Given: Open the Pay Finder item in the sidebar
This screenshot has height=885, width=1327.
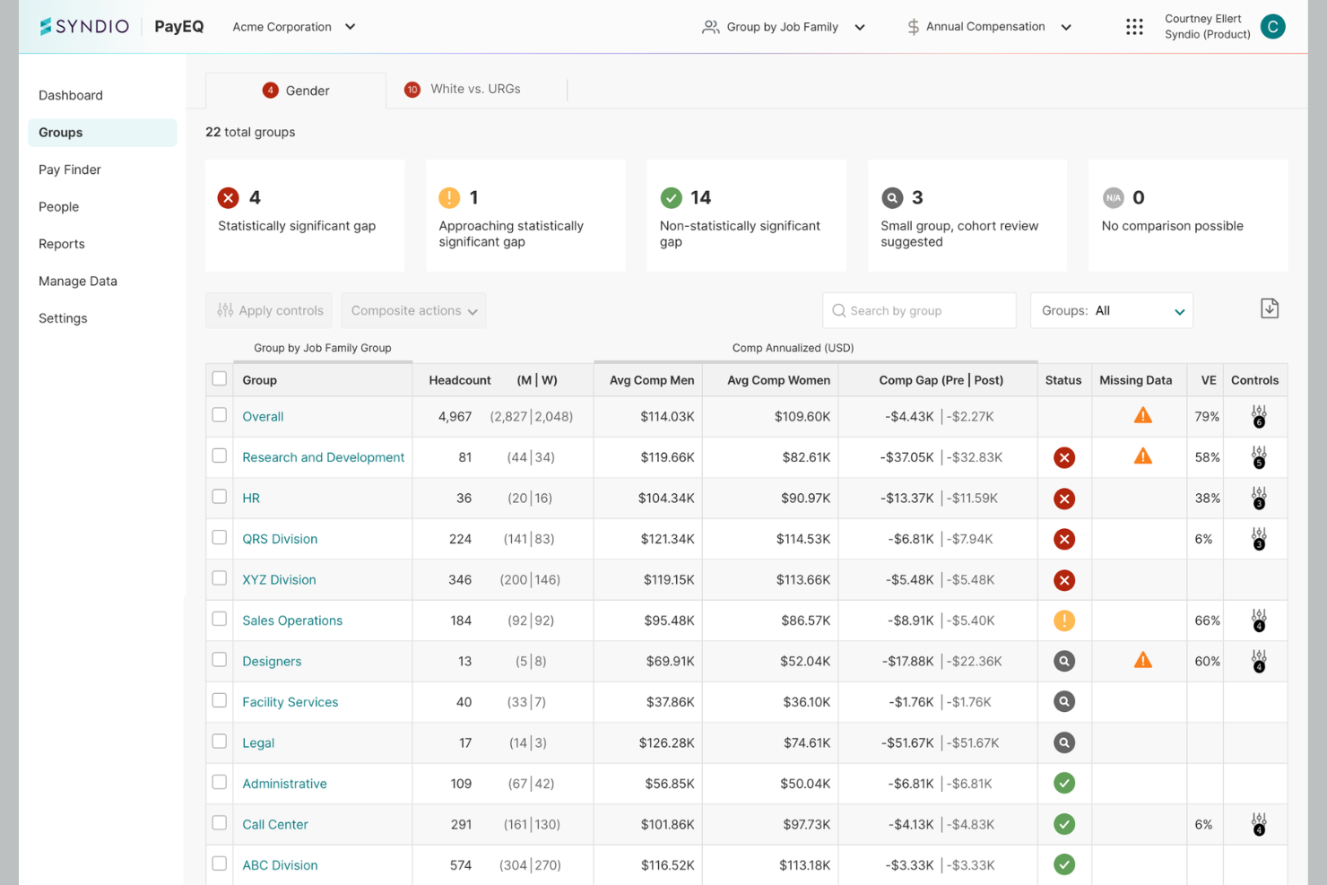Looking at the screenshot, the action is pyautogui.click(x=69, y=169).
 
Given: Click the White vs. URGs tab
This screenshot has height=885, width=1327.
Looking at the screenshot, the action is pyautogui.click(x=463, y=89).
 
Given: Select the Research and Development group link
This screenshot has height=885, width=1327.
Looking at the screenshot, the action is pyautogui.click(x=323, y=457).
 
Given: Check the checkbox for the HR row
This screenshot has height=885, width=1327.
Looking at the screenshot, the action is pyautogui.click(x=219, y=497).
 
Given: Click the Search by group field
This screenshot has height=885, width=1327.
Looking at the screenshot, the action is pyautogui.click(x=919, y=310).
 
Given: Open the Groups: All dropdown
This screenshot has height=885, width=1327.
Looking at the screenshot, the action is pyautogui.click(x=1112, y=310).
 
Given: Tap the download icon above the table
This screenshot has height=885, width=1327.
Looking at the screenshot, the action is pyautogui.click(x=1269, y=308).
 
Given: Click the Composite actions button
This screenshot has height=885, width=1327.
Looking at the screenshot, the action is pyautogui.click(x=413, y=310).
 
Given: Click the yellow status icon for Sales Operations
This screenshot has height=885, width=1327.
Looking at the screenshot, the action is pyautogui.click(x=1064, y=620).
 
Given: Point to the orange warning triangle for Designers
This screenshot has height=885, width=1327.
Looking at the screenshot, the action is pyautogui.click(x=1143, y=660).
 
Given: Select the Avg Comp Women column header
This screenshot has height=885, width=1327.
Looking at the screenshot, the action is pyautogui.click(x=778, y=380).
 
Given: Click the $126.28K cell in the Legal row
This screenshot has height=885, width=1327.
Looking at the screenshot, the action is pyautogui.click(x=666, y=742).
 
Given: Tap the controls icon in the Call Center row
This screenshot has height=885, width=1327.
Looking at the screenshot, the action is pyautogui.click(x=1259, y=824).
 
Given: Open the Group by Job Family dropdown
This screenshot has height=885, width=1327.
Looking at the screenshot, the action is pyautogui.click(x=783, y=27).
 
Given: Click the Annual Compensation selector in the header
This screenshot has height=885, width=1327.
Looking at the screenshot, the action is pyautogui.click(x=989, y=27).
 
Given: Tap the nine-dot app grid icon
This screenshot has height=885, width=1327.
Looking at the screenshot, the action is pyautogui.click(x=1134, y=27).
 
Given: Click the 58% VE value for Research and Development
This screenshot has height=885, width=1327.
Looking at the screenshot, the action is pyautogui.click(x=1207, y=457).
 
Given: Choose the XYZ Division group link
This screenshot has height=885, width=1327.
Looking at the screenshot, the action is pyautogui.click(x=279, y=580).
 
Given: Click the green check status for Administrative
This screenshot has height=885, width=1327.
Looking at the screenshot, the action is pyautogui.click(x=1064, y=783).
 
